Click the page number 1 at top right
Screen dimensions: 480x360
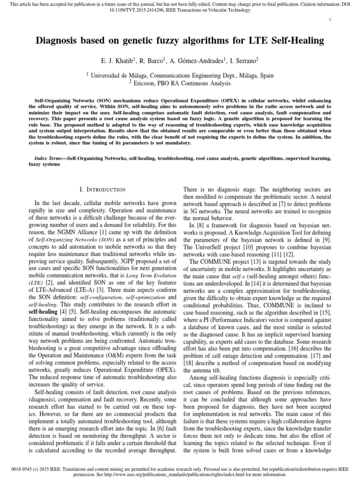330,19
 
